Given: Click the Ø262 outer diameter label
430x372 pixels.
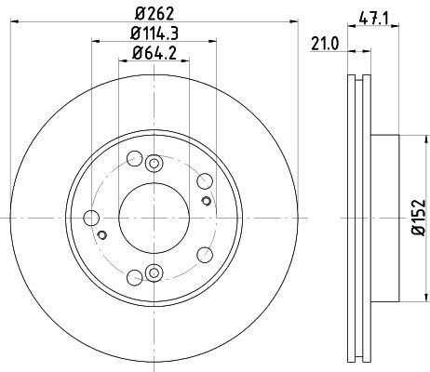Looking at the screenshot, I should pos(151,15).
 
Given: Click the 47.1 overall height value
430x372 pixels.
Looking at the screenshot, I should pos(373,15).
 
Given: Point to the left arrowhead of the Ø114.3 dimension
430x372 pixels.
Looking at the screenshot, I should pos(96,40).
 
